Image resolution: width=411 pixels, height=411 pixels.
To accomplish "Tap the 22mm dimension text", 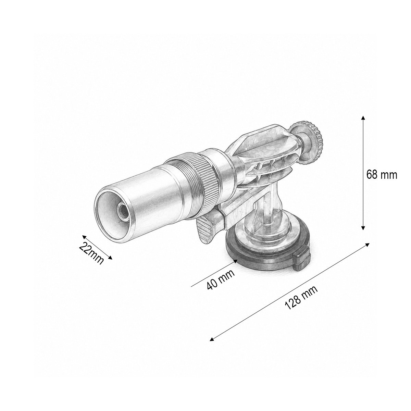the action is click(x=91, y=253).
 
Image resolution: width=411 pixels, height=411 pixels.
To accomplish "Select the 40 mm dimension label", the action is click(x=221, y=279).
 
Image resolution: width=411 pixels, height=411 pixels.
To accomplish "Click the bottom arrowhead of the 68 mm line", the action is click(x=362, y=227).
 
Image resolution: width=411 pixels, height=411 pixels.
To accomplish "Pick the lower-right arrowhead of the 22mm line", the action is click(x=110, y=258).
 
